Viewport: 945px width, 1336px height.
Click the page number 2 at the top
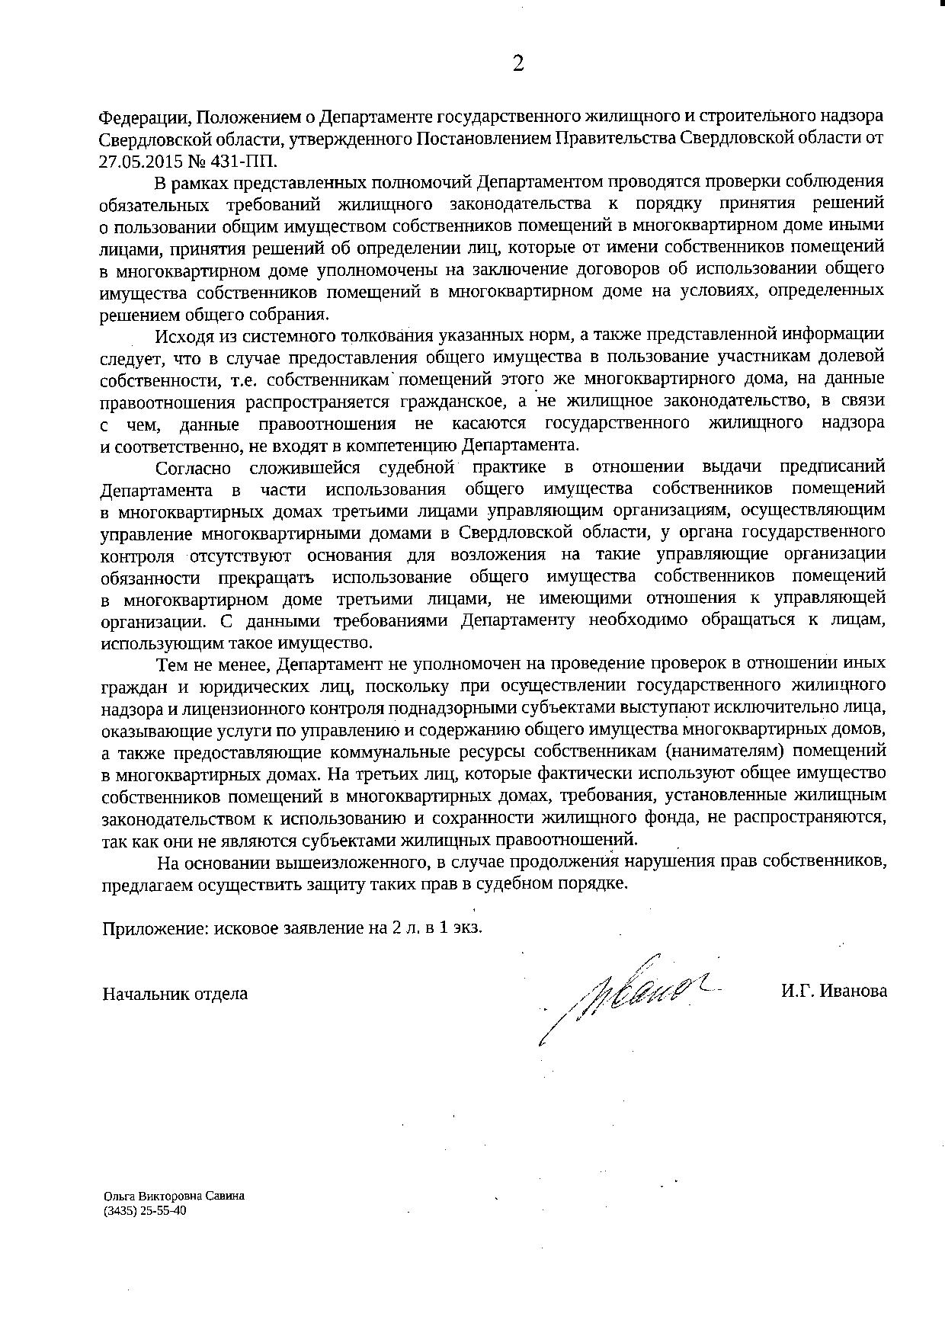(x=518, y=64)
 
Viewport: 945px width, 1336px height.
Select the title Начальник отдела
(x=175, y=993)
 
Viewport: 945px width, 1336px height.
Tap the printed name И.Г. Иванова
(x=833, y=992)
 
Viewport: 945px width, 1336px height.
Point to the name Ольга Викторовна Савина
(x=174, y=1196)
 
